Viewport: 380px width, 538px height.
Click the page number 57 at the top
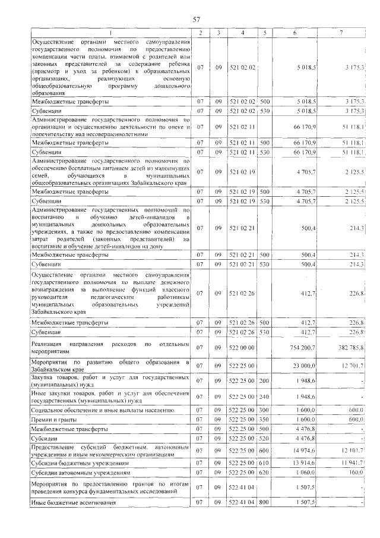click(x=197, y=20)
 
